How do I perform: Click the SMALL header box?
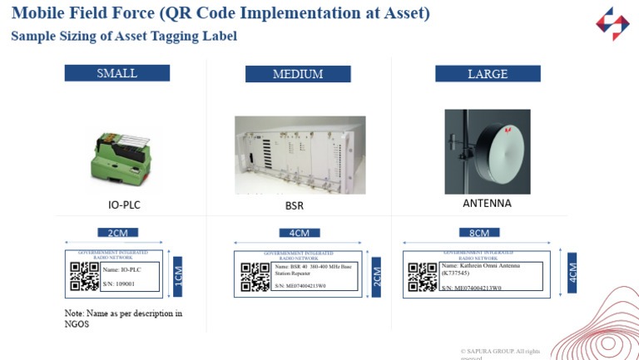[116, 73]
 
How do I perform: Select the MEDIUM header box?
[297, 74]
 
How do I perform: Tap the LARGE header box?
[487, 74]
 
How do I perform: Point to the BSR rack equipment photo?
[300, 155]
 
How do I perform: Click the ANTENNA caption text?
[487, 203]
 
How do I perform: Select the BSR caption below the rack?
[295, 205]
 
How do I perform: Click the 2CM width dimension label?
[117, 233]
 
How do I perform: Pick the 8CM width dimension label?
[479, 233]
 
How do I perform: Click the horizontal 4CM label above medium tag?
[300, 233]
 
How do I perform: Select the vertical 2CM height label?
[377, 275]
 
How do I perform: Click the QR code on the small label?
[84, 276]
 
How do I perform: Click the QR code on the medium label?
[255, 277]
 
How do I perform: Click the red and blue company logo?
[612, 23]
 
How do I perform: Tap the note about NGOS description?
[123, 318]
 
